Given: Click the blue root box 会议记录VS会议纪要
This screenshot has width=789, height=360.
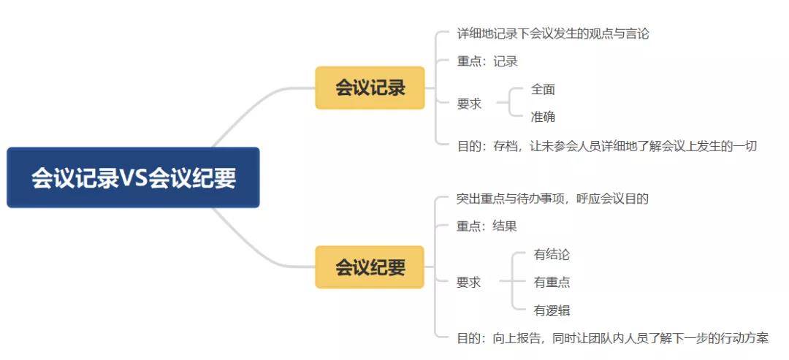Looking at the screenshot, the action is tap(134, 177).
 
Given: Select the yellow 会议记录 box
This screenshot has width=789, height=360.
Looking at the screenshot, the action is tap(370, 88).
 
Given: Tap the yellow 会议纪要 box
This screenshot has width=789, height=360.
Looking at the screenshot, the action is tap(370, 267).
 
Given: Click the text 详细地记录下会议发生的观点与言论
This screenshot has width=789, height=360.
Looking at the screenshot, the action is tap(552, 34).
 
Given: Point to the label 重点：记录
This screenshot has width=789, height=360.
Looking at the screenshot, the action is tap(487, 61).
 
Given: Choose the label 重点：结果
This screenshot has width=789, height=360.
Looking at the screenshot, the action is tap(487, 226).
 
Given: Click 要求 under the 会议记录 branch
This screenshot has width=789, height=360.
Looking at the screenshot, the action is tap(469, 104).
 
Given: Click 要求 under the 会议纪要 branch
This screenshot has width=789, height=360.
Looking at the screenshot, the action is tap(468, 282).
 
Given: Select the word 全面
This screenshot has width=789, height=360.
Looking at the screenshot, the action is tap(543, 90).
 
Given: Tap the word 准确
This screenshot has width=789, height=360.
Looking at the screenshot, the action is tap(543, 117).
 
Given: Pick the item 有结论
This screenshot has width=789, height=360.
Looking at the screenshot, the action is tap(552, 254).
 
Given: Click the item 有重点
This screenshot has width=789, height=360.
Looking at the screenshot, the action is tap(552, 282).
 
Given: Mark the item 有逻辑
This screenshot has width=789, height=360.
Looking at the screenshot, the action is tap(552, 310).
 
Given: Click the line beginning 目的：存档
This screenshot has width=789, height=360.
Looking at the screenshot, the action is tap(607, 146).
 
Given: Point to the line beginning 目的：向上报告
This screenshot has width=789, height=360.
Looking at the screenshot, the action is tap(612, 338).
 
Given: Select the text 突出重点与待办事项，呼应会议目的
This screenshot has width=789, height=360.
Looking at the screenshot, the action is tap(552, 198).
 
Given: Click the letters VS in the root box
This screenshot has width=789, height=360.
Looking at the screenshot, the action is tap(134, 178).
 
